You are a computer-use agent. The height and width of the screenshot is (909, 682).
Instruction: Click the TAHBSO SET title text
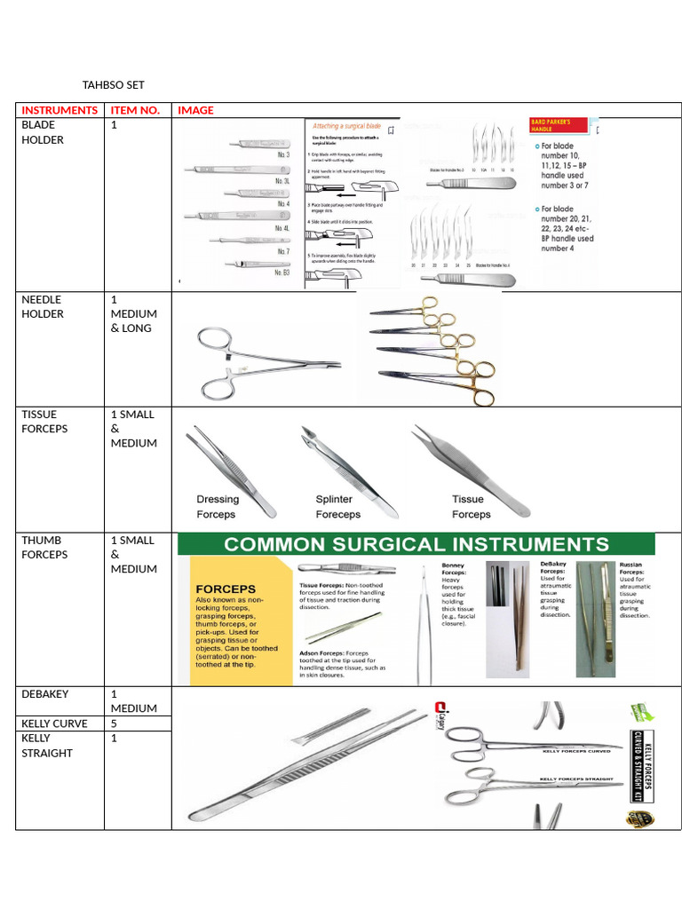(113, 85)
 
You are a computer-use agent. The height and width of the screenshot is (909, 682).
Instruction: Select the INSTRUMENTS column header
(59, 110)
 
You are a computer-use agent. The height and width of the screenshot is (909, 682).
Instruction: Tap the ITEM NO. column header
(135, 110)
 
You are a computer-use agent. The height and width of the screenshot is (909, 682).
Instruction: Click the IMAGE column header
(195, 110)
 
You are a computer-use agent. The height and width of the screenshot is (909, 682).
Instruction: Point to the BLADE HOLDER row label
(43, 132)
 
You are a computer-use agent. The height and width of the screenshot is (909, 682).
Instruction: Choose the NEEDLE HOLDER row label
(43, 306)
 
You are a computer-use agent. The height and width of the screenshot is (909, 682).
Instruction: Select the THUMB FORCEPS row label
(44, 547)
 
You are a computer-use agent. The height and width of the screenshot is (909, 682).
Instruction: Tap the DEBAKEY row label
(45, 694)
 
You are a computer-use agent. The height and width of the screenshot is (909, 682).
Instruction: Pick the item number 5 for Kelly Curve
(114, 723)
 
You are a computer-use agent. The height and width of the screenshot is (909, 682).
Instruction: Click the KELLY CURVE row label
(54, 723)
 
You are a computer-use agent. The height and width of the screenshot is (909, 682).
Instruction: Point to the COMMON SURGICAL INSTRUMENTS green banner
(416, 544)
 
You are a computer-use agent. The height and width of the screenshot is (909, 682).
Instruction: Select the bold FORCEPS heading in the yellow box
(226, 589)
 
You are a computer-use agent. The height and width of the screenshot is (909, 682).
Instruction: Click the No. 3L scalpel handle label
(282, 180)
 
